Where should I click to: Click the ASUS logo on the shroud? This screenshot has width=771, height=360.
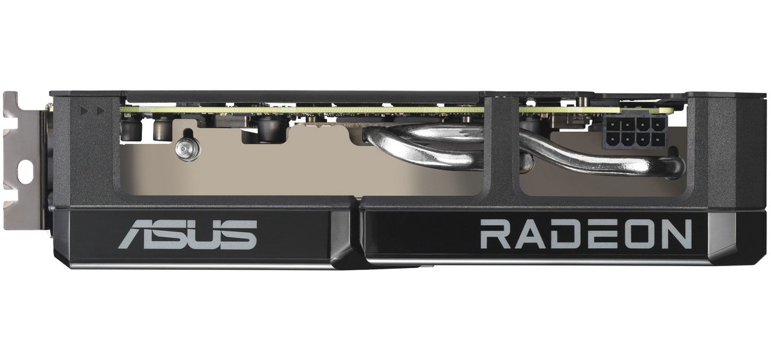[x=188, y=235]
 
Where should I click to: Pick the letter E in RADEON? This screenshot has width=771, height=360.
[x=598, y=234]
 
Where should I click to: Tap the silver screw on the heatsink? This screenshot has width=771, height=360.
[x=186, y=150]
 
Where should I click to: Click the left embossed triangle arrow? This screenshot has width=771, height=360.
[x=84, y=111]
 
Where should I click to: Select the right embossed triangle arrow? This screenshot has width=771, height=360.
[x=100, y=111]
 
